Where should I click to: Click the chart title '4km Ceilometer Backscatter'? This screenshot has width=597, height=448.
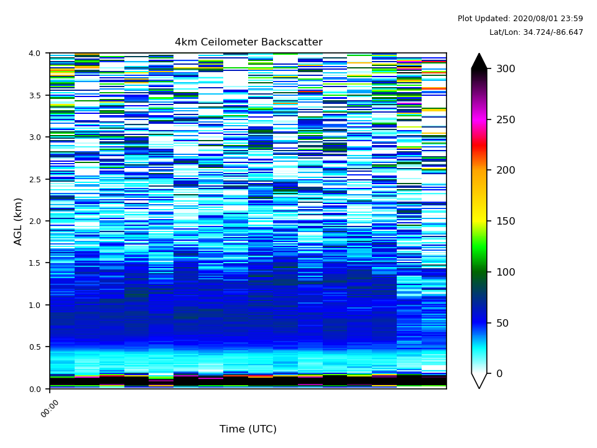coord(248,42)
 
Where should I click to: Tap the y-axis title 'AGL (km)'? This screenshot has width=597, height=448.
coord(19,221)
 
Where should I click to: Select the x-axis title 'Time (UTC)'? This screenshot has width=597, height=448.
coord(248,429)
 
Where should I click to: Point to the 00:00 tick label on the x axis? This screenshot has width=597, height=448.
coord(50,408)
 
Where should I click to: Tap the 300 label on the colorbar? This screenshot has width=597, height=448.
coord(506,68)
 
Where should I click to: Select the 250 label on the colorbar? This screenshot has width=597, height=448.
coord(506,119)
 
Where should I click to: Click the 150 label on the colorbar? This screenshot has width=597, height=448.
coord(506,221)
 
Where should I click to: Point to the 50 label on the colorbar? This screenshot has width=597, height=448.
coord(502,323)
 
